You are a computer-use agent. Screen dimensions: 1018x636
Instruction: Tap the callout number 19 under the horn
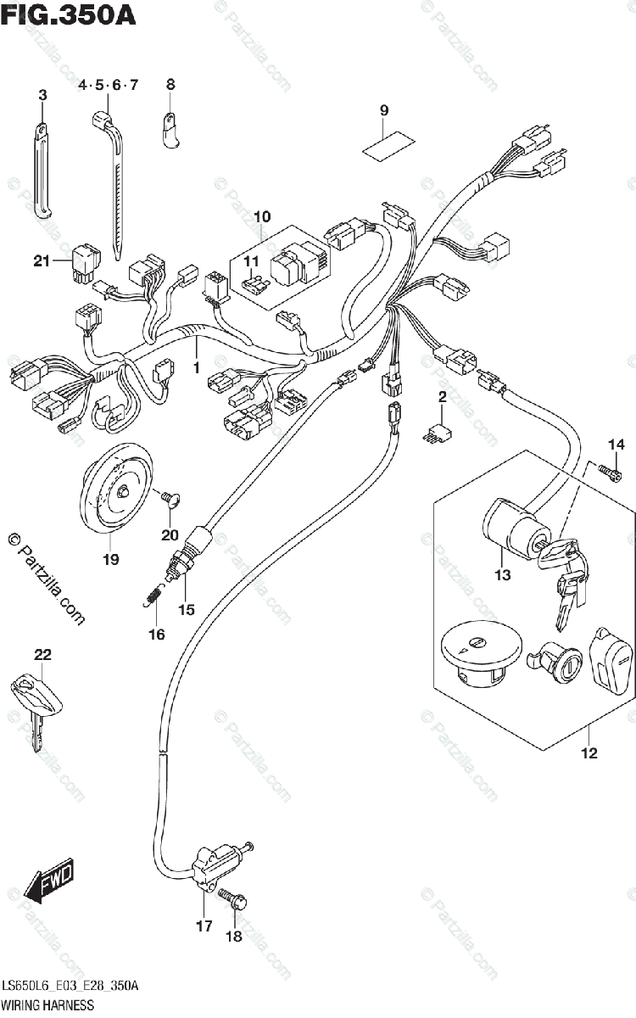pyautogui.click(x=110, y=559)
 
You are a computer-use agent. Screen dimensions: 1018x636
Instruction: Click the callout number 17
pyautogui.click(x=204, y=926)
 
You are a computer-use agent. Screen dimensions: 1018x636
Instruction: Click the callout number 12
pyautogui.click(x=589, y=752)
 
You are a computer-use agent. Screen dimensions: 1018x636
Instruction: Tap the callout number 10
pyautogui.click(x=261, y=215)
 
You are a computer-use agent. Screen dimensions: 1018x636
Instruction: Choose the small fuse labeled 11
pyautogui.click(x=255, y=286)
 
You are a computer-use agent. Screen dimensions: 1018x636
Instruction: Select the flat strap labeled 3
pyautogui.click(x=43, y=170)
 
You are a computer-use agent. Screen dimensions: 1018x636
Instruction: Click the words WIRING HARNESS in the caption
pyautogui.click(x=47, y=1004)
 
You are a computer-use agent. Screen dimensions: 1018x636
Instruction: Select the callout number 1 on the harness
pyautogui.click(x=196, y=369)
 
